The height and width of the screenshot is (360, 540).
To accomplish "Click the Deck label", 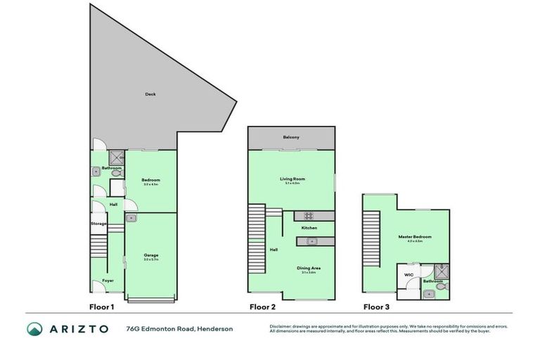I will [150, 94].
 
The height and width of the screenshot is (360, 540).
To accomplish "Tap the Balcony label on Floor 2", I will [292, 137].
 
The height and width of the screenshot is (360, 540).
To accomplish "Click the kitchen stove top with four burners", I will [309, 216].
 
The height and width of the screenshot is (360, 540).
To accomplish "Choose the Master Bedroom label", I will [419, 237].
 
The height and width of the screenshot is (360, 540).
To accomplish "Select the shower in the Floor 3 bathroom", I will [439, 269].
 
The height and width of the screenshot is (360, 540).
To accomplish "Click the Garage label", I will [150, 255].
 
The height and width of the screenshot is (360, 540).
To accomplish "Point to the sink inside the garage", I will [131, 219].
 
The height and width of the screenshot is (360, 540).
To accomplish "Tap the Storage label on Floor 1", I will [98, 224].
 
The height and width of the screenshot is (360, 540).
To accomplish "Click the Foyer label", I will [108, 281].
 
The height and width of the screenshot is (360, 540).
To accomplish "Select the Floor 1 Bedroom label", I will [151, 180].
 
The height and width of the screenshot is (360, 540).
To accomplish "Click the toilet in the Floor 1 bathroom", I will [116, 173].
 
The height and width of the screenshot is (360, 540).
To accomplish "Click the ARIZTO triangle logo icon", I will [34, 328].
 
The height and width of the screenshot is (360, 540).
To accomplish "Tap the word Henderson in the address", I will [215, 328].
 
